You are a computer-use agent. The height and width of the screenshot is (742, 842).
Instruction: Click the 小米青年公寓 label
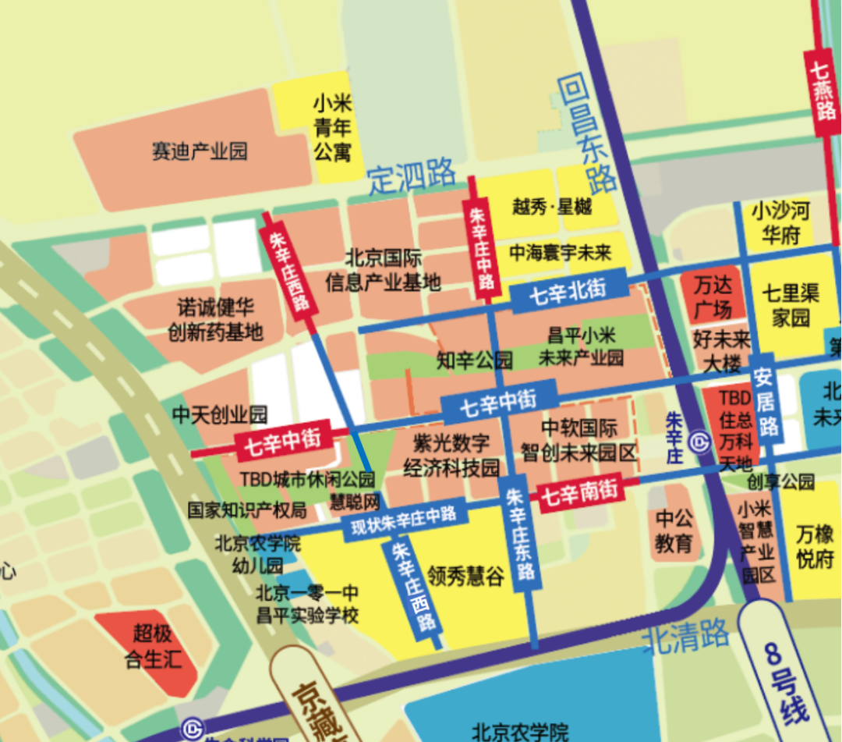pyautogui.click(x=333, y=127)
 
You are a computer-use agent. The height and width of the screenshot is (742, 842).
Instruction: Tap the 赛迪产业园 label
pyautogui.click(x=200, y=151)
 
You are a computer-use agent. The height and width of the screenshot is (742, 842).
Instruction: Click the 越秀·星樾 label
pyautogui.click(x=552, y=207)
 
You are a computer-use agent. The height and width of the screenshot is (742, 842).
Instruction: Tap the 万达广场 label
pyautogui.click(x=713, y=295)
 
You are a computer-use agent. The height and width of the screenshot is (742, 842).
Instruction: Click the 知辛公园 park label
pyautogui.click(x=475, y=360)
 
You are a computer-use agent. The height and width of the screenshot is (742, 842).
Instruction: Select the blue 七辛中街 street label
pyautogui.click(x=498, y=403)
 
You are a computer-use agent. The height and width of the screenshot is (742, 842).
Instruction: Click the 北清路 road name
pyautogui.click(x=685, y=636)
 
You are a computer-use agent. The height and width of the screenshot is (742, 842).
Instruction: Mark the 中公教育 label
pyautogui.click(x=674, y=531)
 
